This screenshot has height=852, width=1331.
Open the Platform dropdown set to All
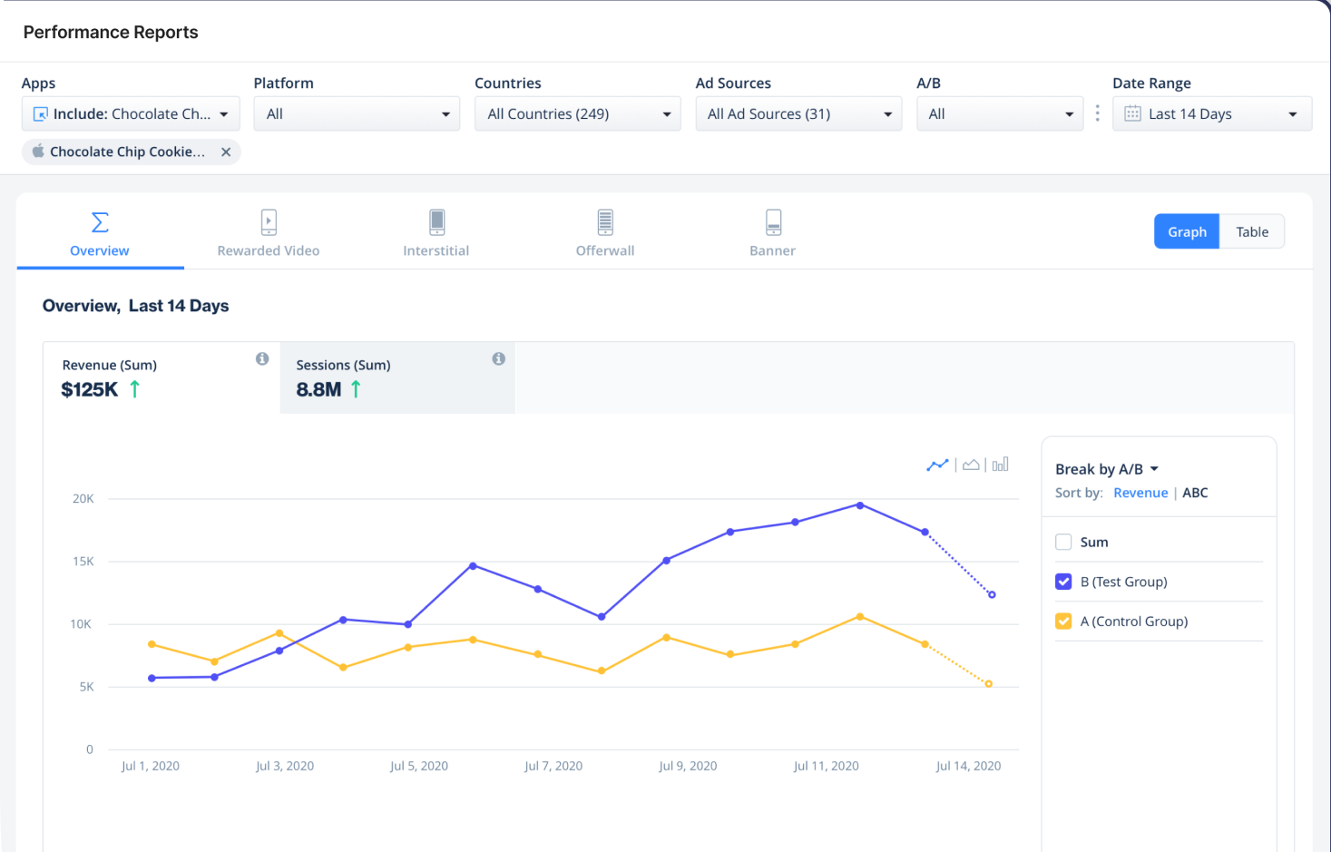coord(357,113)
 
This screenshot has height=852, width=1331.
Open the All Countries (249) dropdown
coord(578,113)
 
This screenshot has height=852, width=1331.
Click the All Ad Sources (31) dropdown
coord(798,113)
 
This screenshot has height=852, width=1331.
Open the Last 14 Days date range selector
coord(1212,113)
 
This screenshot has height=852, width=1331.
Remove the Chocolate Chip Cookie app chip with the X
coord(226,152)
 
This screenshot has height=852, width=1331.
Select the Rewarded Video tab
coord(269,233)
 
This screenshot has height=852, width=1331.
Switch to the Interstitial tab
coord(436,233)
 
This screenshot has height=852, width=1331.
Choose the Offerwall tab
coord(605,233)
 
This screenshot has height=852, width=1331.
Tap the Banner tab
coord(772,233)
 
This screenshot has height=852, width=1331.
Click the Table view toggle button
coord(1252,231)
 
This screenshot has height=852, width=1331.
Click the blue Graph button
coord(1187,231)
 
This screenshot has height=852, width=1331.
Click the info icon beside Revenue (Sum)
coord(262,359)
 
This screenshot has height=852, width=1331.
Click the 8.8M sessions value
coord(318,390)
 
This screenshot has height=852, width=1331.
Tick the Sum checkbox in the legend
coord(1063,542)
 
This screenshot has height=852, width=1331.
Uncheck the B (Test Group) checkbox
coord(1063,582)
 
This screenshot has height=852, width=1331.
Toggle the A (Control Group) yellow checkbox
coord(1063,622)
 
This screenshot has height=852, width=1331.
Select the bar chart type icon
coord(1001,465)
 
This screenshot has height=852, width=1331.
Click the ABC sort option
coord(1195,493)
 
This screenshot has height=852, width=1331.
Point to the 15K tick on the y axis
coord(83,562)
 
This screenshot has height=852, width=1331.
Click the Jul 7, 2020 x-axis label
coord(553,766)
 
